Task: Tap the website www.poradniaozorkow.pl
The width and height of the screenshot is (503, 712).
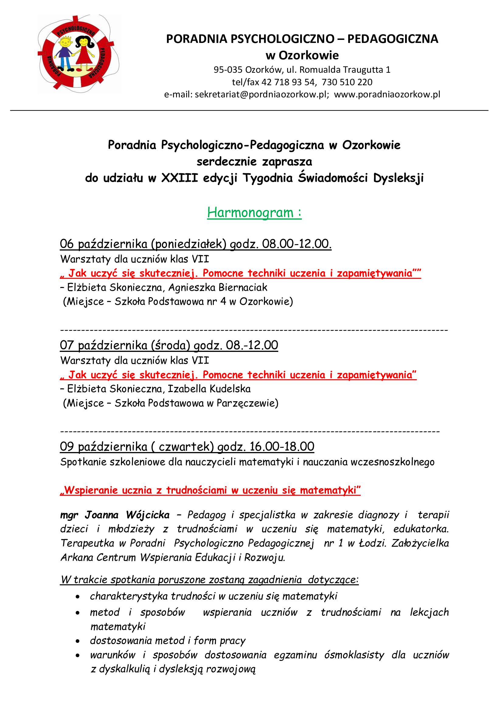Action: [387, 95]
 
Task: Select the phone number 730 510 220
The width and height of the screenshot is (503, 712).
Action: [347, 82]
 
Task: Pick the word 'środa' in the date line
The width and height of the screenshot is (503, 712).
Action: [170, 345]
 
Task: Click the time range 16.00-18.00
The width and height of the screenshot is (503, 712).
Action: [282, 447]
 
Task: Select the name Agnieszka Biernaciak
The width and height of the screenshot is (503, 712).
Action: [218, 288]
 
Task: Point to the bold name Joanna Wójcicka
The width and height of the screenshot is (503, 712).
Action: [127, 515]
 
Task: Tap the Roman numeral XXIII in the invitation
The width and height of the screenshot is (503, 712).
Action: [179, 178]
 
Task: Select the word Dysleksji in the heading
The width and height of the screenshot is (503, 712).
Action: [398, 178]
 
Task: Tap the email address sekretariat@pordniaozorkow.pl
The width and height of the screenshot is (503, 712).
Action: [261, 95]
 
